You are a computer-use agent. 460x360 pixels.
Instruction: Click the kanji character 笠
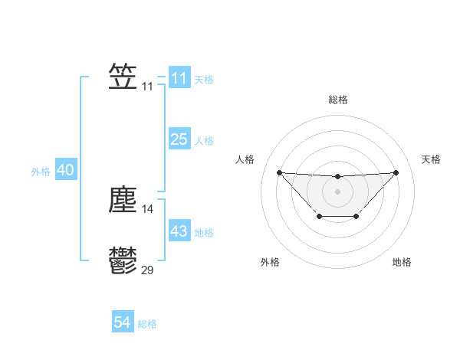coord(123,77)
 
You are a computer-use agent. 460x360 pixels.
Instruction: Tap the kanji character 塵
coord(123,200)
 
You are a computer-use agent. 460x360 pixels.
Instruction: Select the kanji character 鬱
coord(123,260)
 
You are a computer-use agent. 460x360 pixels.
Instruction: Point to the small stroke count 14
coord(148,209)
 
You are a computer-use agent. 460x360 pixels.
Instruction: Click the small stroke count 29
coord(148,270)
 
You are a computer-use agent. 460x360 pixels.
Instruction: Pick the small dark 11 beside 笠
coord(148,87)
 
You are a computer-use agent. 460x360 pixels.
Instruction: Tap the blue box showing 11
coord(179,78)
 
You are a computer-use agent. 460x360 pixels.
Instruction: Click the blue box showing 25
coord(179,139)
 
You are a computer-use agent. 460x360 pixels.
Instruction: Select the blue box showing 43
coord(179,231)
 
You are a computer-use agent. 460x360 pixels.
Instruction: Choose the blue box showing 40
coord(65,170)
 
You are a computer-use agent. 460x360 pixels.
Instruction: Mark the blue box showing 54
coord(122,323)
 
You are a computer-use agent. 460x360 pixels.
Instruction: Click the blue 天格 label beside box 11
coord(204,79)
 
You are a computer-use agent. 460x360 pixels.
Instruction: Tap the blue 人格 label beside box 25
coord(204,140)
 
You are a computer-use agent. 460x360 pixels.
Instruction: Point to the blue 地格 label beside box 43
coord(204,232)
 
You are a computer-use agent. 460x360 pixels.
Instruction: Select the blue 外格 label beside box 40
coord(41,172)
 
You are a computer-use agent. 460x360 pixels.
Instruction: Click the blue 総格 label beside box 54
coord(147,324)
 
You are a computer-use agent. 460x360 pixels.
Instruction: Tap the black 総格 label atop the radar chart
coord(338,100)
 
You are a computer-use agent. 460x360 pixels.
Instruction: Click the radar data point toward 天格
coord(396,172)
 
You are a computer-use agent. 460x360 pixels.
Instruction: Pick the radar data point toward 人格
coord(279,172)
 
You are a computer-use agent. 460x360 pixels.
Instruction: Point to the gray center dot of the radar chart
coord(337,191)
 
